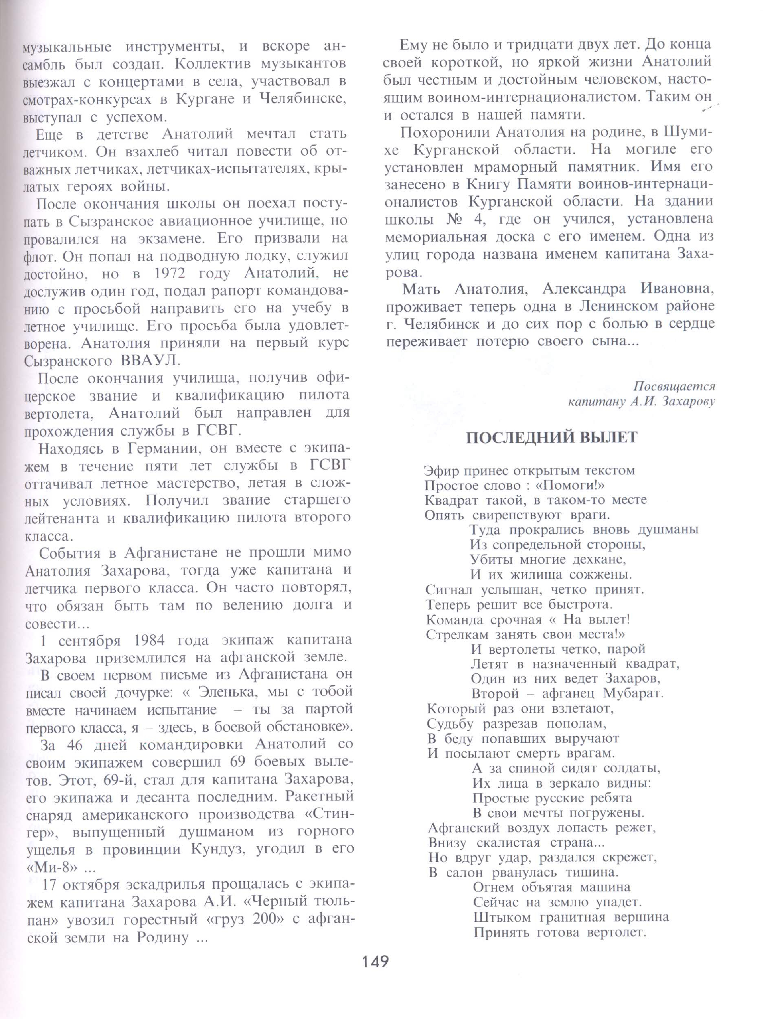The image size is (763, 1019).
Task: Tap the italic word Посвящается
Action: (x=674, y=386)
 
